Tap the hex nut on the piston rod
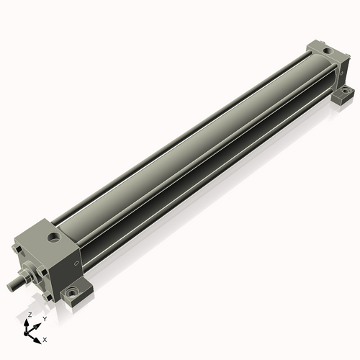tap(26, 276)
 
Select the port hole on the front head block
tap(54, 237)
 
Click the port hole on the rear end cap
tap(327, 50)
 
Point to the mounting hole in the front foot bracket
tap(71, 293)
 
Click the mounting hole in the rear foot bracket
tap(346, 91)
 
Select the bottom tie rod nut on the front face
tap(48, 297)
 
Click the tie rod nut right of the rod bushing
tap(41, 272)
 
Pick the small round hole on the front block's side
tap(76, 264)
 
